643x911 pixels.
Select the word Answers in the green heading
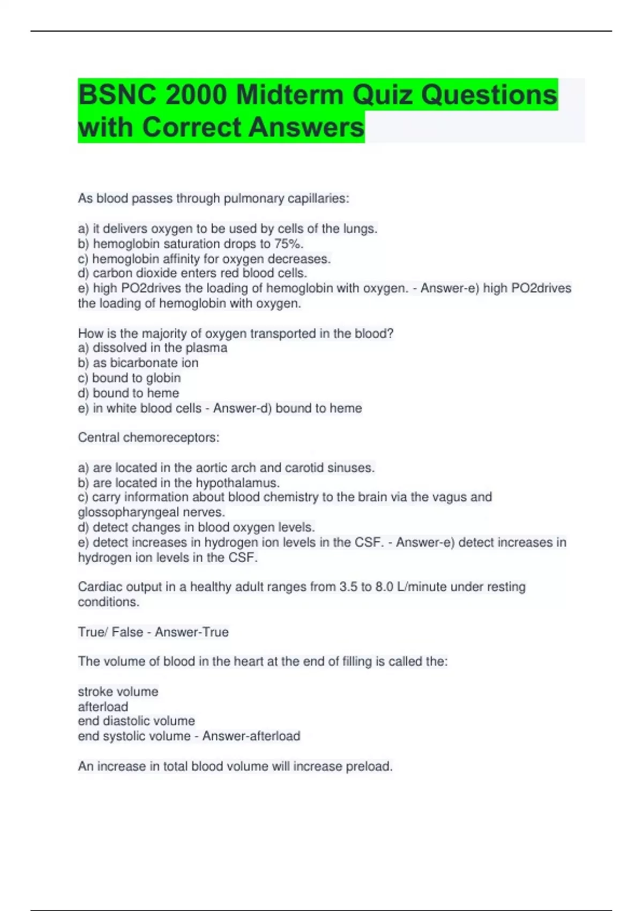click(306, 128)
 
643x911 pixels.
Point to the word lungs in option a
click(360, 229)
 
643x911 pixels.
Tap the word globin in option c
click(163, 378)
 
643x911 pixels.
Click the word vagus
click(439, 497)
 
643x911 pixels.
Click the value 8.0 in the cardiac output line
click(384, 587)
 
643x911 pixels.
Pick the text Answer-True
click(192, 632)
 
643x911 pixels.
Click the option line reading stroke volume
click(118, 692)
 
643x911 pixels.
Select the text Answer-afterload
click(251, 736)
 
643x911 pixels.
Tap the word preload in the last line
click(369, 766)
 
